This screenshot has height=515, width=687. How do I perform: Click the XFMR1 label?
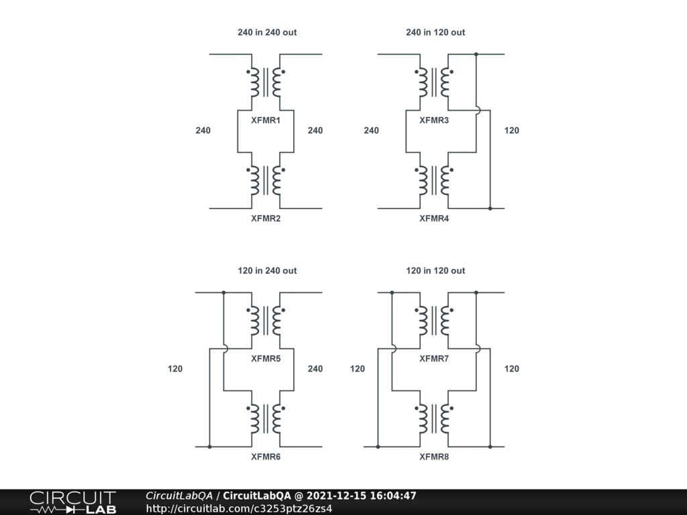[266, 121]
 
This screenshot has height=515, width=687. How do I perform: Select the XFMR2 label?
[266, 218]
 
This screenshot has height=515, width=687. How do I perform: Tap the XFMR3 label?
[434, 121]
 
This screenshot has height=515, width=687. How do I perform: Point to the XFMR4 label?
[434, 218]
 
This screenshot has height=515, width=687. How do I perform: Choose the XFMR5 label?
[266, 359]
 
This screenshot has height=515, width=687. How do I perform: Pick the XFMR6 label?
[266, 457]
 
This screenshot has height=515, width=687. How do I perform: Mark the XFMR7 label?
[434, 359]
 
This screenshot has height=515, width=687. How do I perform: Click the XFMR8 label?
[434, 457]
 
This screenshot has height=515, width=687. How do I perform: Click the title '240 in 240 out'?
[267, 32]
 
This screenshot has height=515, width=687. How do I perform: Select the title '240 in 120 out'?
[435, 32]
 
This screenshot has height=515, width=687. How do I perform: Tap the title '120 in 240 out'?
[267, 271]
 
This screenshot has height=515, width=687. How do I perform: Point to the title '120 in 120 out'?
[435, 271]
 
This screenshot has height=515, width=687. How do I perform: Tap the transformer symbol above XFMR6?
[266, 418]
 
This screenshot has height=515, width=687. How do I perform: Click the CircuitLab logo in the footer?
[72, 502]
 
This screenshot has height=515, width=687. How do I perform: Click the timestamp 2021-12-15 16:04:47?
[362, 496]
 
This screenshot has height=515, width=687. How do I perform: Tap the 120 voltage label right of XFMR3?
[511, 131]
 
